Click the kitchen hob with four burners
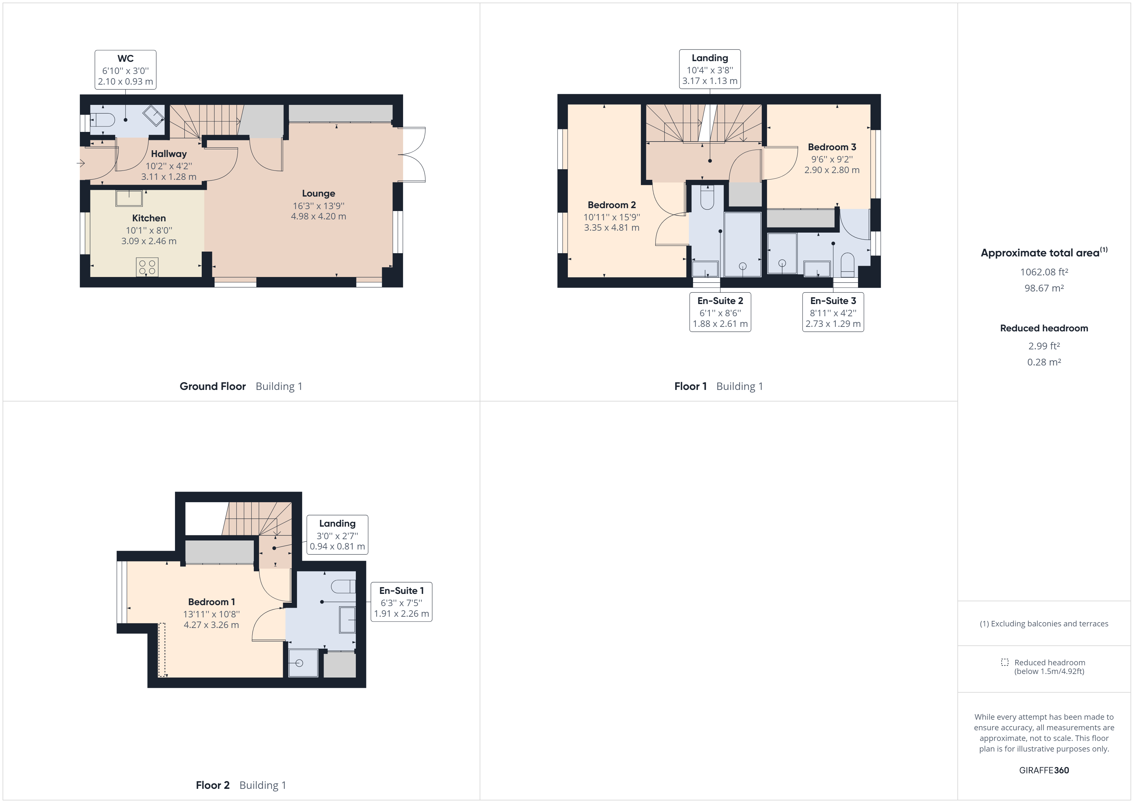[x=147, y=267]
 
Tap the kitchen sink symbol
[x=129, y=198]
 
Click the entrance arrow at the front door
[x=81, y=163]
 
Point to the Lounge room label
[x=318, y=194]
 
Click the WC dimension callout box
[x=125, y=70]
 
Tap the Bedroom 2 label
[x=612, y=205]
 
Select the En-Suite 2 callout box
[x=720, y=312]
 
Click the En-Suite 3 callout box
[x=833, y=312]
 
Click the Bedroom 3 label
[x=832, y=147]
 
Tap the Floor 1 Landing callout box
[x=710, y=69]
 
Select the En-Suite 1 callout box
[x=401, y=602]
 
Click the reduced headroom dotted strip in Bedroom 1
[x=162, y=650]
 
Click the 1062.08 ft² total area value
[x=1044, y=272]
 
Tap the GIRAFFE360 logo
[x=1044, y=771]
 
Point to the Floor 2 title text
[x=213, y=785]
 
